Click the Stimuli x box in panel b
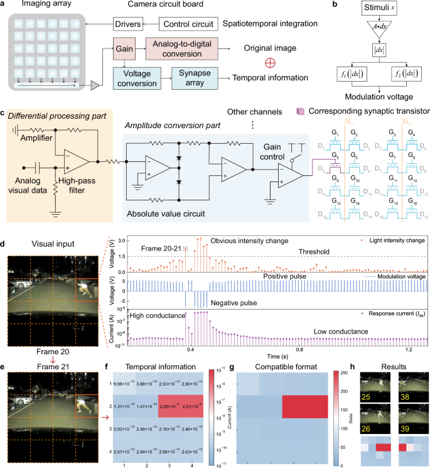tap(366, 10)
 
